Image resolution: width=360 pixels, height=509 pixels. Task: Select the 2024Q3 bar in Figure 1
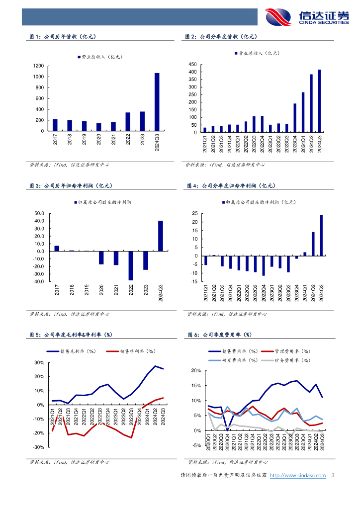pyautogui.click(x=157, y=102)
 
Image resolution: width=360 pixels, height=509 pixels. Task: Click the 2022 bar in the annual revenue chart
pyautogui.click(x=128, y=121)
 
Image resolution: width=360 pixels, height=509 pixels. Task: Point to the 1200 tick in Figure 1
pyautogui.click(x=38, y=66)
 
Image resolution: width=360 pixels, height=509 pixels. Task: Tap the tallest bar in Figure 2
pyautogui.click(x=320, y=101)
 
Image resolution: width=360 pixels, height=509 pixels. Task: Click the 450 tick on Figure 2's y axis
pyautogui.click(x=192, y=65)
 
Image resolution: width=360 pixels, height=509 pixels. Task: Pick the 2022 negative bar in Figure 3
pyautogui.click(x=131, y=266)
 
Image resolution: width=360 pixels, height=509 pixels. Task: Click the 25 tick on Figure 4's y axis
pyautogui.click(x=195, y=214)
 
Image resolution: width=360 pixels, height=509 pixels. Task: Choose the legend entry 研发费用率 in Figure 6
pyautogui.click(x=239, y=360)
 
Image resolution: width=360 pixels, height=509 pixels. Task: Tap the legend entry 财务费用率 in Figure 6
pyautogui.click(x=293, y=360)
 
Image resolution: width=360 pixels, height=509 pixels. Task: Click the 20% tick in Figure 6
pyautogui.click(x=195, y=371)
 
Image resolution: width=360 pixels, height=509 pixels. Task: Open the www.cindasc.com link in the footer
pyautogui.click(x=297, y=476)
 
